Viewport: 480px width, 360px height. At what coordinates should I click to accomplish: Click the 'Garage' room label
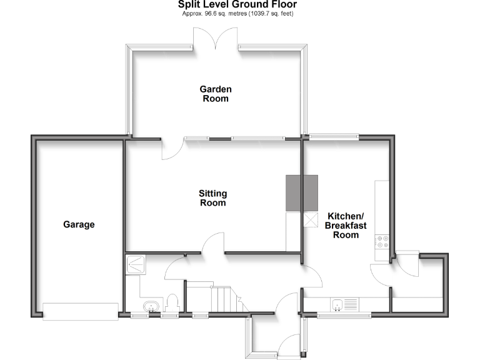[x=79, y=224]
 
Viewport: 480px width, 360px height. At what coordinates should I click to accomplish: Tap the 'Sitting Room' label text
[x=212, y=198]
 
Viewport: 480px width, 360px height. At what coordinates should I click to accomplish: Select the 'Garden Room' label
[x=215, y=94]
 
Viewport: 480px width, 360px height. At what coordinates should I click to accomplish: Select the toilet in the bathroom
[x=173, y=303]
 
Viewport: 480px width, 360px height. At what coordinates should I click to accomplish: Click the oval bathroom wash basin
[x=150, y=306]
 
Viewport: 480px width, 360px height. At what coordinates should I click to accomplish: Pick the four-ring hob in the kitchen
[x=382, y=242]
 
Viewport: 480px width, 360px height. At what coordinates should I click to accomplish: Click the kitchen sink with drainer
[x=344, y=304]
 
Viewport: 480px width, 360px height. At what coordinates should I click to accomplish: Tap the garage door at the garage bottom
[x=80, y=311]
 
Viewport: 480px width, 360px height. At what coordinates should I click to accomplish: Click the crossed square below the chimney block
[x=311, y=221]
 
